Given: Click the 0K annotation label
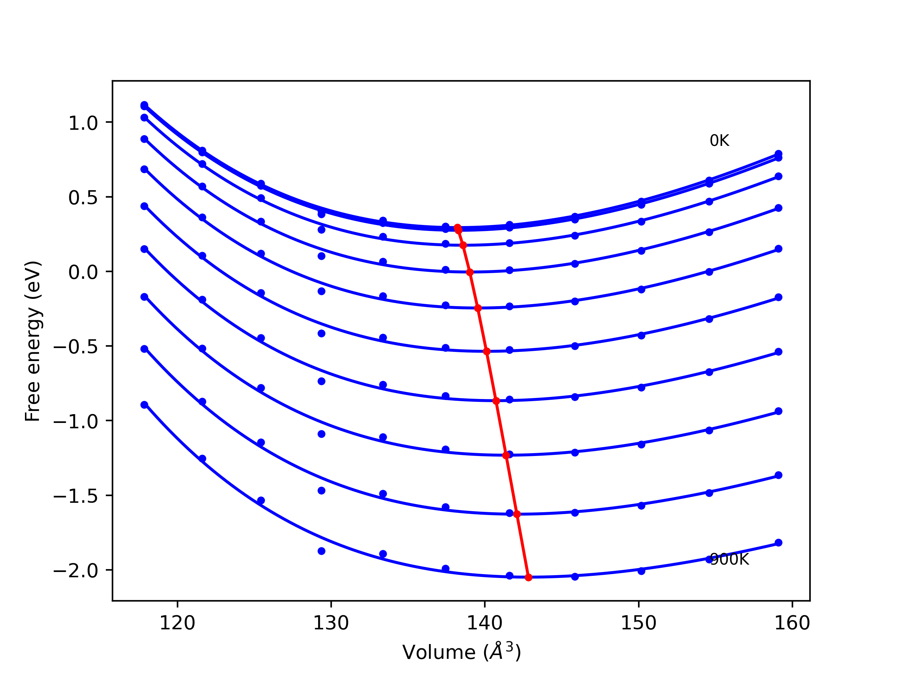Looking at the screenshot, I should click(x=719, y=141).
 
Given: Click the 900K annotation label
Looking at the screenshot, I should click(x=729, y=559).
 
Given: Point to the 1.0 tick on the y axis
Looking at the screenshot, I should click(x=83, y=123).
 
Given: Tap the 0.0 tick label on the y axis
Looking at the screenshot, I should click(x=83, y=272).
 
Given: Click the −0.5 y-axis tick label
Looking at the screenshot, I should click(x=76, y=347).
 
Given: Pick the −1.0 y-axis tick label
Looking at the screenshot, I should click(x=76, y=422).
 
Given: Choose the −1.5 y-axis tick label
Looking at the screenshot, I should click(x=76, y=496).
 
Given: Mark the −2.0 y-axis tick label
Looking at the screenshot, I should click(x=76, y=571).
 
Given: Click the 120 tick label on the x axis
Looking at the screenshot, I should click(x=178, y=623).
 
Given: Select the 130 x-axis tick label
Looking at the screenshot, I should click(x=331, y=623).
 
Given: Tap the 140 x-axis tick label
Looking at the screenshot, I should click(x=484, y=623).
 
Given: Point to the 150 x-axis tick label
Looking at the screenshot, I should click(x=638, y=623).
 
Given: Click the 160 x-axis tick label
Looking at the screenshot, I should click(x=792, y=623).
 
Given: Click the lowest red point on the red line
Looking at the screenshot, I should click(x=528, y=577).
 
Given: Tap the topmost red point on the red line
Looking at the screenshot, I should click(x=457, y=228).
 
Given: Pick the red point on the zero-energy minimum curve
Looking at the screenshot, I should click(x=470, y=272).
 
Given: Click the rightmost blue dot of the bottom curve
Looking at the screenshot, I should click(x=778, y=543).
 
